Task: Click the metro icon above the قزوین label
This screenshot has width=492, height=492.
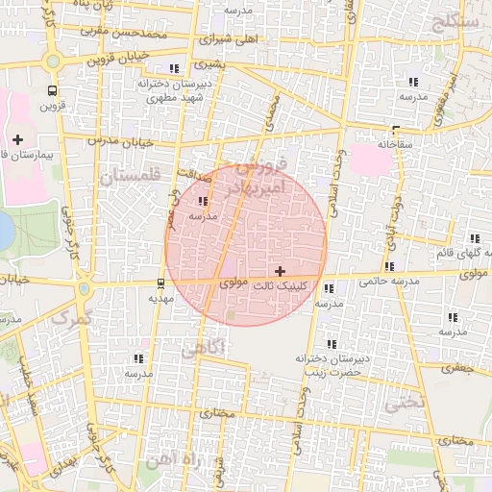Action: [x=51, y=90]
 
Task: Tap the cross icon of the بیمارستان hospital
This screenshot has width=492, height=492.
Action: [x=18, y=140]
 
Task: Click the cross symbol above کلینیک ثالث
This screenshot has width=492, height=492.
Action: [x=280, y=272]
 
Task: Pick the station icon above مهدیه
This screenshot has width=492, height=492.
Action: [x=160, y=283]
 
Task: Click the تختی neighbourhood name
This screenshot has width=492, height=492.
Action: [x=404, y=405]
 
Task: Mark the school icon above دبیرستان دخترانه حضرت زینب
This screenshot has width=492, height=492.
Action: [x=332, y=344]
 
